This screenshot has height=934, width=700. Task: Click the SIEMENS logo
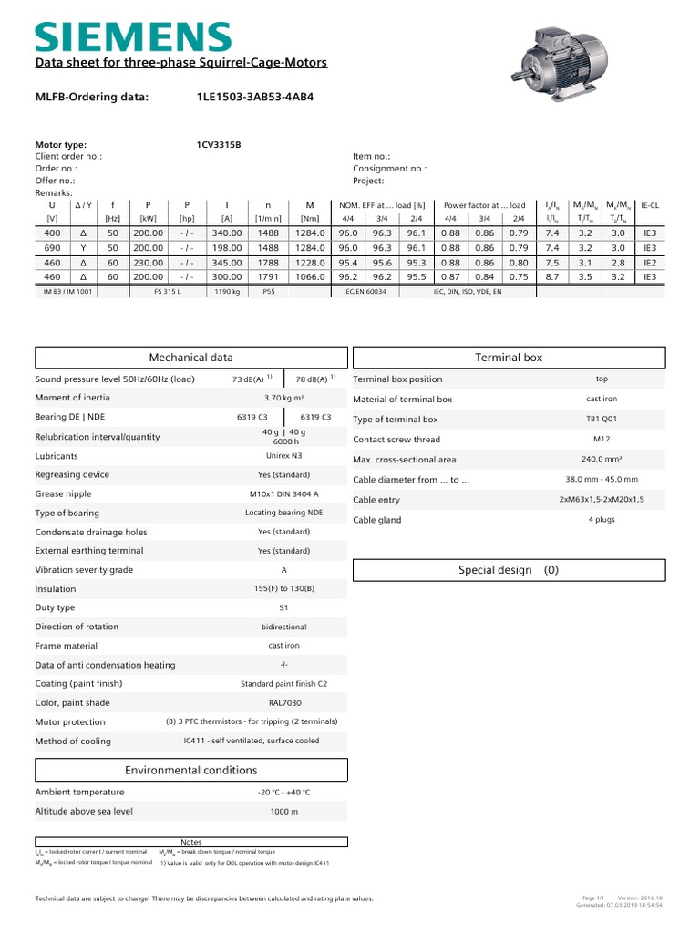[133, 36]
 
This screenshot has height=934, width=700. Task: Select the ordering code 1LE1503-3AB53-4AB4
[254, 96]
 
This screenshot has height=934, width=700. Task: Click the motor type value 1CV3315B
[219, 144]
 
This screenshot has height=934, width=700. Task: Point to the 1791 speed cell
[267, 276]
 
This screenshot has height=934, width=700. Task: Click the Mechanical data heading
[191, 358]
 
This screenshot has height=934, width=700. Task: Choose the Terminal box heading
[509, 358]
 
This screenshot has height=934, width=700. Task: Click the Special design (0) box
[509, 570]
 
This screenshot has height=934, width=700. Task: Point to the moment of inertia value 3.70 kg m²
[284, 398]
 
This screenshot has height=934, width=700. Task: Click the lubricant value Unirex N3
[284, 455]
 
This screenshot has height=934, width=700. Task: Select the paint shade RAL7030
[284, 702]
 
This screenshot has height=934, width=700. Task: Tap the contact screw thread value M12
[602, 439]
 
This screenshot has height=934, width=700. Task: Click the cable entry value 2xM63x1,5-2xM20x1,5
[602, 500]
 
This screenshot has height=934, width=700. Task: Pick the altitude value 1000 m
[284, 811]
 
